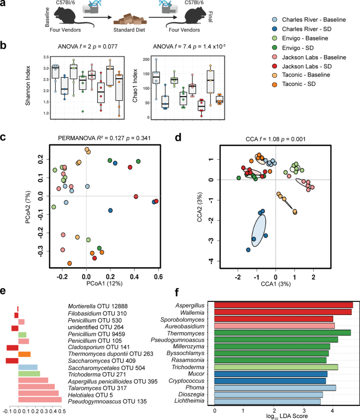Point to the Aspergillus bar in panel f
pyautogui.click(x=284, y=304)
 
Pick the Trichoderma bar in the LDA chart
pyautogui.click(x=276, y=367)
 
